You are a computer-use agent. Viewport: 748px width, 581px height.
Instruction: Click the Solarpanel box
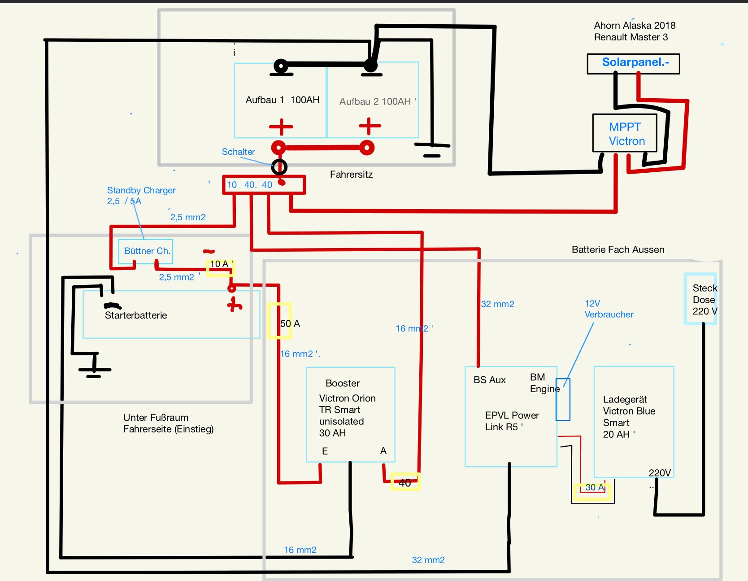click(633, 63)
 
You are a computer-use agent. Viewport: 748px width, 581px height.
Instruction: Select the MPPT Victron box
click(625, 133)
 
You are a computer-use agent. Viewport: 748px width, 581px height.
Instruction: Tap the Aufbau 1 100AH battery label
click(282, 100)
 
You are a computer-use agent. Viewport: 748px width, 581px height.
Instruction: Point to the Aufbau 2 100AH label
click(376, 102)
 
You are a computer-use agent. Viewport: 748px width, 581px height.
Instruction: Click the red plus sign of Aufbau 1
click(281, 127)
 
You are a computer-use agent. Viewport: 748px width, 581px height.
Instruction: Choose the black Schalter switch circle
click(279, 167)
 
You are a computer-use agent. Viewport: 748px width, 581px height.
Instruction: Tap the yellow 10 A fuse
click(220, 268)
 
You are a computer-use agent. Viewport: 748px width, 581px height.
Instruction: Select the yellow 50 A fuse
click(280, 321)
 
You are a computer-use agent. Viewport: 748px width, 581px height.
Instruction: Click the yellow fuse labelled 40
click(405, 482)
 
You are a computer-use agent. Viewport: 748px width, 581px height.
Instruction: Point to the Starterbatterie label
click(136, 315)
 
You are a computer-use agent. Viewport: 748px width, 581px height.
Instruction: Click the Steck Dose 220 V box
click(700, 299)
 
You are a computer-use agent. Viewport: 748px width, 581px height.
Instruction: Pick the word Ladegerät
click(625, 399)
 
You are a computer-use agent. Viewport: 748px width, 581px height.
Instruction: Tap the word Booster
click(343, 383)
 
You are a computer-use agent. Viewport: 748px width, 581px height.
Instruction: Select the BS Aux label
click(489, 380)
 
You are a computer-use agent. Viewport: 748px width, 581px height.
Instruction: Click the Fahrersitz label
click(351, 175)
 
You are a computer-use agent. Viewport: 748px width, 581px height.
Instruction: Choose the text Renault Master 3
click(631, 37)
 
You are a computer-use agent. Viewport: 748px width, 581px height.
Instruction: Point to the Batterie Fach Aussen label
click(618, 250)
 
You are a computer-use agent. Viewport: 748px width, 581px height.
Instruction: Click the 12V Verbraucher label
click(609, 309)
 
